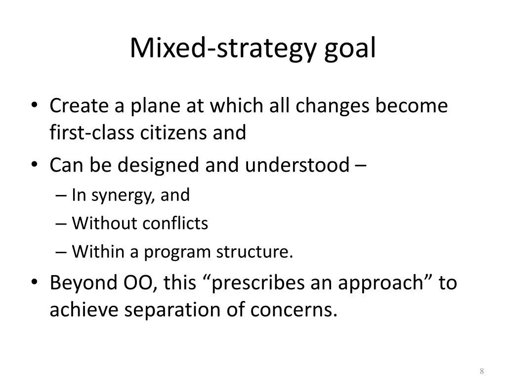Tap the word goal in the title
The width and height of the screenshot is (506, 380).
pos(350,48)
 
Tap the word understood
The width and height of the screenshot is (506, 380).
pos(297,165)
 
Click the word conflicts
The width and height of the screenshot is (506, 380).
pos(175,224)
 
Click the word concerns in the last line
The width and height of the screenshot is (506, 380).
pos(294,310)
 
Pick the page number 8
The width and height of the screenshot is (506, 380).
pos(481,372)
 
